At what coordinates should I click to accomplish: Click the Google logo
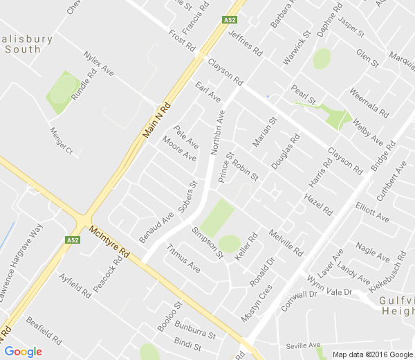coord(23,351)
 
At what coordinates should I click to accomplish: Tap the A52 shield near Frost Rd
coord(231,21)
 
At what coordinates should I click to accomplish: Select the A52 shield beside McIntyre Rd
coord(73,240)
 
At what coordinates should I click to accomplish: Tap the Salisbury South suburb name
coord(26,44)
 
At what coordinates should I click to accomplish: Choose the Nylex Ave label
coord(98,63)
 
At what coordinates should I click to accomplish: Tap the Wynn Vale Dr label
coord(330,285)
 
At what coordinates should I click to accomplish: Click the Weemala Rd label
coord(369,101)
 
